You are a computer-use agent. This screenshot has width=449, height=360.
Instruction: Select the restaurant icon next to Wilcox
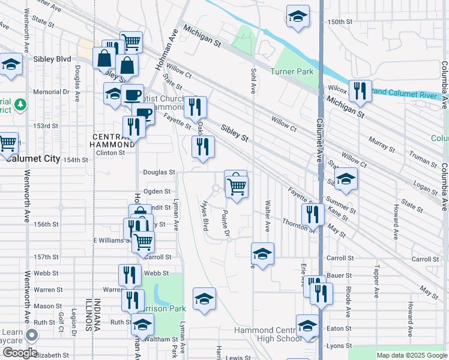(x=360, y=91)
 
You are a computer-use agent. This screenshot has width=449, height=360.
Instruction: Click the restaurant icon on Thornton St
(x=312, y=214)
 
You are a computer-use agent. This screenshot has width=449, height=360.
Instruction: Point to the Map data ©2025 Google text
(x=411, y=355)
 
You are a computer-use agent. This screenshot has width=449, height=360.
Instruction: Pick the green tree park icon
(x=20, y=105)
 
